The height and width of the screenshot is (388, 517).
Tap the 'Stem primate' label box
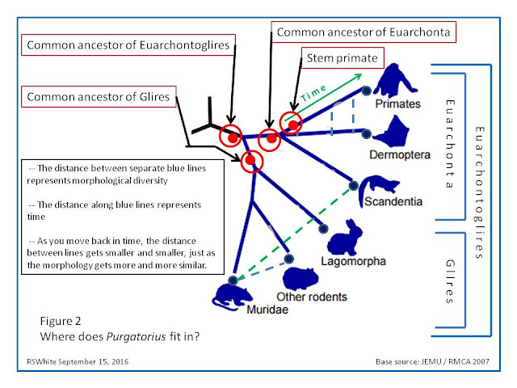pyautogui.click(x=341, y=61)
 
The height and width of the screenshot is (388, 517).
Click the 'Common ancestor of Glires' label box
pyautogui.click(x=97, y=98)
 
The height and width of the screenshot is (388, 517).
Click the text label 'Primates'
pyautogui.click(x=398, y=104)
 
